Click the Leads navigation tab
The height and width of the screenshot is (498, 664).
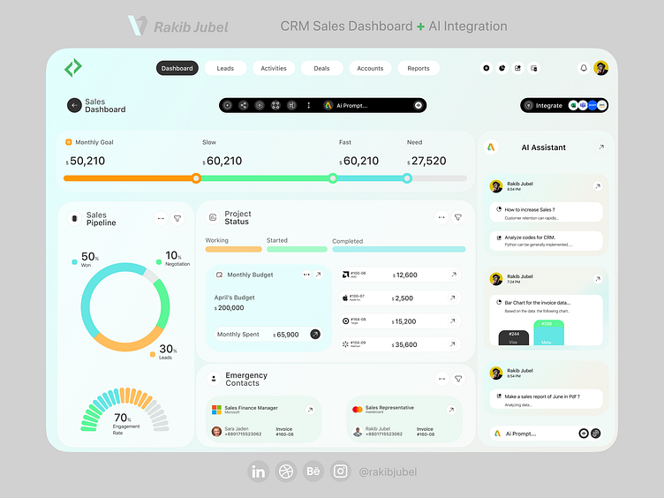225,68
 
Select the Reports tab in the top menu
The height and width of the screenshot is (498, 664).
419,68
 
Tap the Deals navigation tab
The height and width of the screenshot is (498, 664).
321,68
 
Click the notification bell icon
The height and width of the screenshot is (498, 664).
583,68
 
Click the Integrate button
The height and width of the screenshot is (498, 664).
543,105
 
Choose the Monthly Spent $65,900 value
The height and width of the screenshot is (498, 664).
286,335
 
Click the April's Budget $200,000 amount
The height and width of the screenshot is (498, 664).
230,308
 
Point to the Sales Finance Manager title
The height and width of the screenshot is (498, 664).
251,408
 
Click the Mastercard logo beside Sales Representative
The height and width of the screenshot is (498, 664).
357,410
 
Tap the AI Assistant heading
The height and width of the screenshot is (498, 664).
543,147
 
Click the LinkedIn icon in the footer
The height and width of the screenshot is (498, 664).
258,472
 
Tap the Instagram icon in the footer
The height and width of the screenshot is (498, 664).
341,472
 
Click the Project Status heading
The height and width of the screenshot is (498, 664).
237,217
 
